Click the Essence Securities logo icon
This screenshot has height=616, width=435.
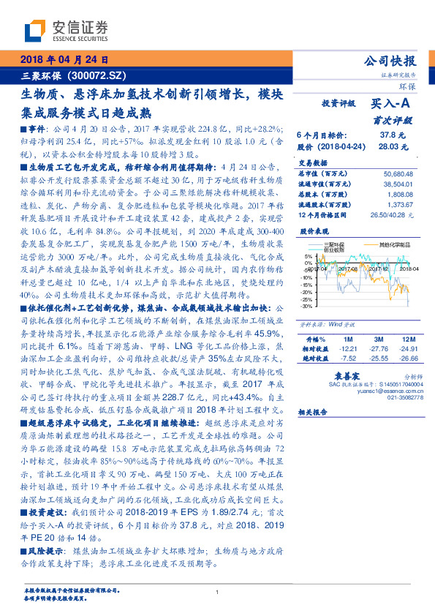[x=36, y=31]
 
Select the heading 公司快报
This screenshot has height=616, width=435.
[x=394, y=61]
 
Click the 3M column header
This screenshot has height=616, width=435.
[x=377, y=340]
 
